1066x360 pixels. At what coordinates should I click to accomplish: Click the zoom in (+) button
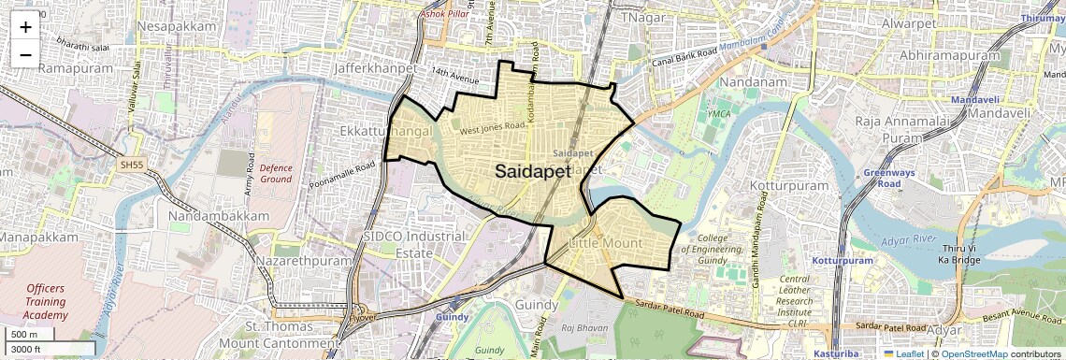[25, 26]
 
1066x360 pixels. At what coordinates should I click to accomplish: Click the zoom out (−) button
[25, 54]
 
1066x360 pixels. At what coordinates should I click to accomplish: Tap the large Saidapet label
[532, 171]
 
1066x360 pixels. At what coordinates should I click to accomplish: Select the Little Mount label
[606, 243]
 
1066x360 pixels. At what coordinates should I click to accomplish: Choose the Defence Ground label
[276, 172]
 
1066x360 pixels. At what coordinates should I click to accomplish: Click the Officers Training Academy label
[47, 302]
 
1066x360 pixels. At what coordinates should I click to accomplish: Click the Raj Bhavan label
[581, 328]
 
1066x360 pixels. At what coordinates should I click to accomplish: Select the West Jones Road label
[491, 125]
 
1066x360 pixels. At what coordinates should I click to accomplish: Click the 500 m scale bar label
[24, 335]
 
